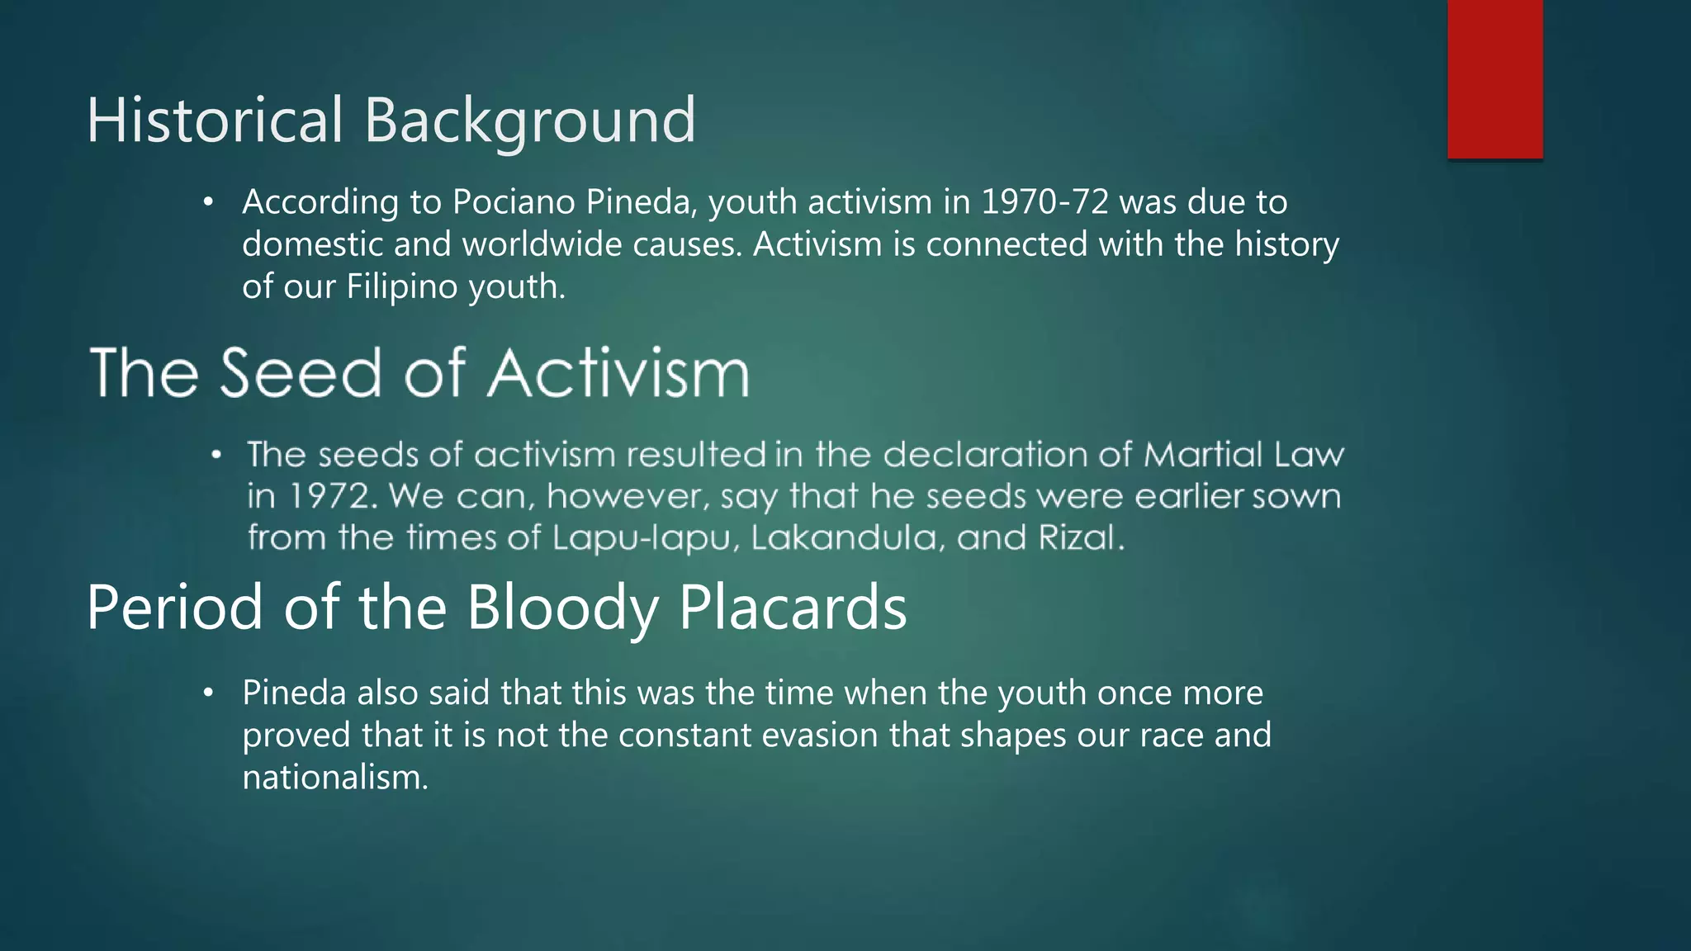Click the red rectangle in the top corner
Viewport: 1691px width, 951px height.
[1494, 79]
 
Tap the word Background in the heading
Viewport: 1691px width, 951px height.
[529, 121]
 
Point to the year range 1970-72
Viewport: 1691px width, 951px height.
[1044, 202]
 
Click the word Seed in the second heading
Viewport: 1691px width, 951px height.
[302, 373]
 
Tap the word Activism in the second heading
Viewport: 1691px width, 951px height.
[618, 373]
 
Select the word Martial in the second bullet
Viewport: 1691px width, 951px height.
[1204, 455]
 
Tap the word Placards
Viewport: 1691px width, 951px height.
[793, 608]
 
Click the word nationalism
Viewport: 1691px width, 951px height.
[335, 777]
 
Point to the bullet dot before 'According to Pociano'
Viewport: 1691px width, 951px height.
[209, 202]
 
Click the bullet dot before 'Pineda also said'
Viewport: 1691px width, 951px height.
[209, 693]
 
